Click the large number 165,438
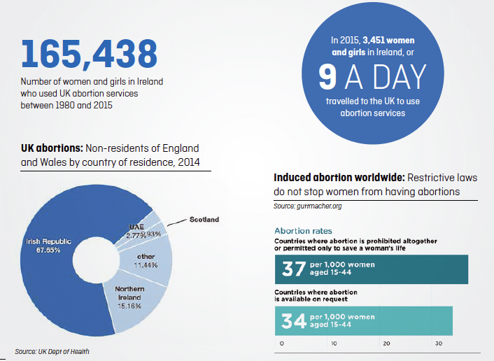[x=90, y=55]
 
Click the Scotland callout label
[x=204, y=220]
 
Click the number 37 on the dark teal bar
[x=293, y=269]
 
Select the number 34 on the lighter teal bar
[x=293, y=320]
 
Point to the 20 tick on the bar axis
[x=386, y=344]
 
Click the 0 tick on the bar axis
[x=281, y=344]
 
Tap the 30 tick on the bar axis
[x=438, y=344]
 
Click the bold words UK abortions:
[x=52, y=148]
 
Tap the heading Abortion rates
[x=303, y=230]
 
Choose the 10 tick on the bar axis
[x=333, y=344]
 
